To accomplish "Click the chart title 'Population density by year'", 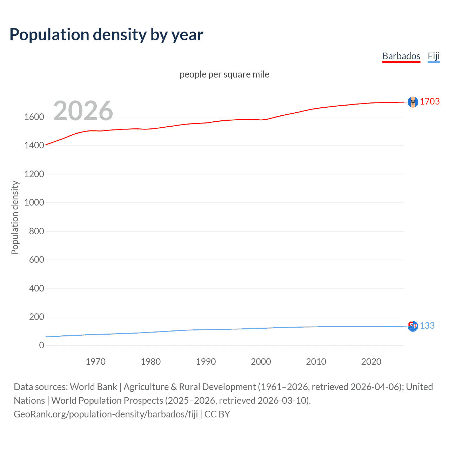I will tap(106, 35).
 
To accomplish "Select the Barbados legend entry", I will tap(401, 56).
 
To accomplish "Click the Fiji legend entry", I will tap(434, 56).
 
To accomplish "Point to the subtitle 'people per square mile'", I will tap(224, 74).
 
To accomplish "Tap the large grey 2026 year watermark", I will tap(83, 111).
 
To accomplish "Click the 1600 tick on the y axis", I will tap(34, 117).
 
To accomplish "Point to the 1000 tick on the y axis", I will tap(34, 202).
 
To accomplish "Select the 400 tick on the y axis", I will tap(36, 288).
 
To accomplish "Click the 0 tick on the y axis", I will tap(42, 346).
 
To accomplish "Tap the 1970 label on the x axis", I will tap(95, 362).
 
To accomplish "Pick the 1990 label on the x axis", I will tap(206, 362).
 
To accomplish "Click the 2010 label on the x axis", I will tap(316, 362).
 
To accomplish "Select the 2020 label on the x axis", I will tap(371, 362).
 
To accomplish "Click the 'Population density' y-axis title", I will tap(15, 217).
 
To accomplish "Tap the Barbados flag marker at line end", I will tap(413, 102).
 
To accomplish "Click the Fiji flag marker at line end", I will tap(413, 326).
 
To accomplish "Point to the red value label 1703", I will tap(430, 101).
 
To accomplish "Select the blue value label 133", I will tap(427, 326).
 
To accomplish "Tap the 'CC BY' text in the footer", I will tap(217, 414).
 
